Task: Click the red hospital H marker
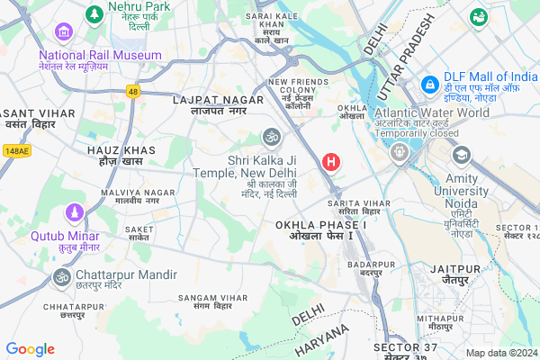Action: click(x=331, y=162)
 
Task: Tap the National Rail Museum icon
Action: click(x=64, y=32)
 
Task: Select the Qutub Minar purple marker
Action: click(x=73, y=215)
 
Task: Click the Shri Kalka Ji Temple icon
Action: click(x=269, y=137)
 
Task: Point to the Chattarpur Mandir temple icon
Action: click(x=62, y=276)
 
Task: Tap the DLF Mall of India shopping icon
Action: click(x=431, y=84)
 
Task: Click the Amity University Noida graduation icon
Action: click(x=462, y=156)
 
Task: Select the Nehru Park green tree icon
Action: click(x=94, y=15)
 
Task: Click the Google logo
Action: click(x=31, y=349)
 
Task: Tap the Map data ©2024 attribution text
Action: click(x=500, y=352)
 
